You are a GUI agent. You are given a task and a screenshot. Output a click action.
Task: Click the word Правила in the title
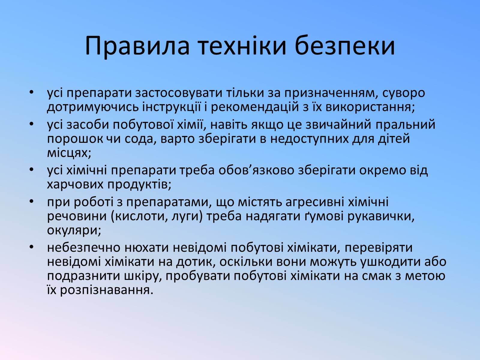137,46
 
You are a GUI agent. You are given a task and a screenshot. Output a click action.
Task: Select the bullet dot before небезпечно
32,247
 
